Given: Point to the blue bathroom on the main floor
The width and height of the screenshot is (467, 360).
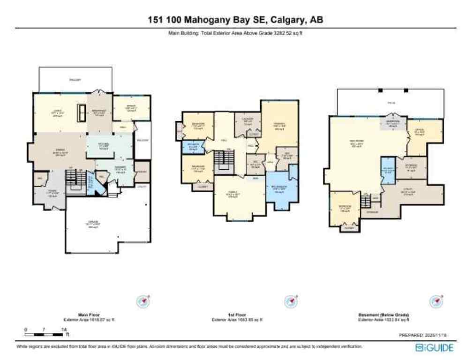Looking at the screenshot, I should click(x=92, y=186).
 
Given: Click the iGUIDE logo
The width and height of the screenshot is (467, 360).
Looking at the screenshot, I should click(x=434, y=347).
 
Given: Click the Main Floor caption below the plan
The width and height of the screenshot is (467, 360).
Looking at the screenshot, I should click(x=89, y=315).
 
